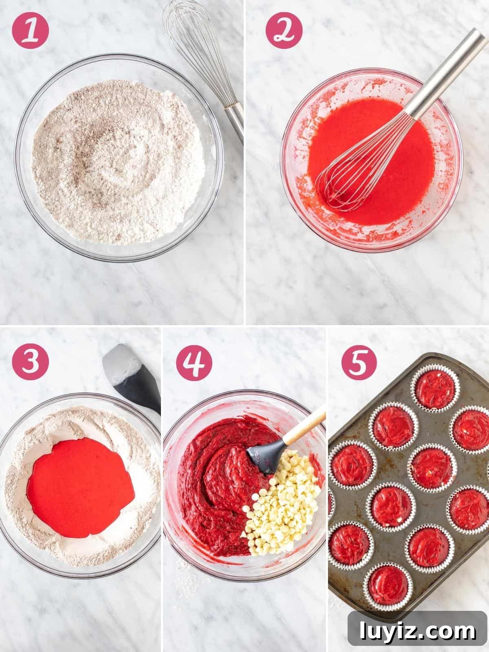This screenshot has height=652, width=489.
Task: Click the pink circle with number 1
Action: (x=30, y=30)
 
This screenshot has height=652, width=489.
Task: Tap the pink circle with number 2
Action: (x=284, y=30)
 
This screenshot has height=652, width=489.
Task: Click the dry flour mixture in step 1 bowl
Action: (x=117, y=162)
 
